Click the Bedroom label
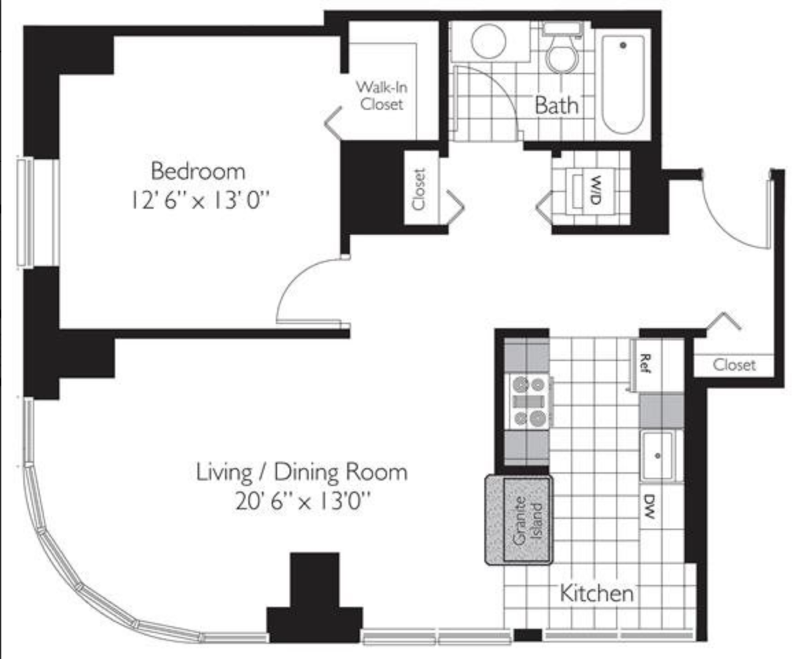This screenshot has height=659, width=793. (x=198, y=171)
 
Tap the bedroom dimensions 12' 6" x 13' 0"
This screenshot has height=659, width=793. (x=199, y=201)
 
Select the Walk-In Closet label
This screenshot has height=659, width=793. (x=382, y=95)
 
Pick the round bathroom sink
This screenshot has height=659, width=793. (x=488, y=41)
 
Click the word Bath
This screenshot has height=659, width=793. (x=556, y=105)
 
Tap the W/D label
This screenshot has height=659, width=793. (x=595, y=189)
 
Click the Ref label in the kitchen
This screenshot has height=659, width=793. (x=645, y=363)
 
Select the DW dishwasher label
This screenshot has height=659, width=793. (x=650, y=507)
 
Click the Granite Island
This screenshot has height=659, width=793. (x=519, y=520)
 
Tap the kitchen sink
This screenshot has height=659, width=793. (x=657, y=456)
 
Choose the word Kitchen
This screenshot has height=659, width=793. (x=597, y=593)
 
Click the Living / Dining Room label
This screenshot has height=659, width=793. (x=302, y=472)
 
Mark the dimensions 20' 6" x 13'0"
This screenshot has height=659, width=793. (x=303, y=502)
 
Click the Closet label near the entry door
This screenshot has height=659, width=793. (x=734, y=365)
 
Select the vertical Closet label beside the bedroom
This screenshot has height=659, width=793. (x=418, y=189)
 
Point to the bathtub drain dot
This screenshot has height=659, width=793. (x=623, y=45)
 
